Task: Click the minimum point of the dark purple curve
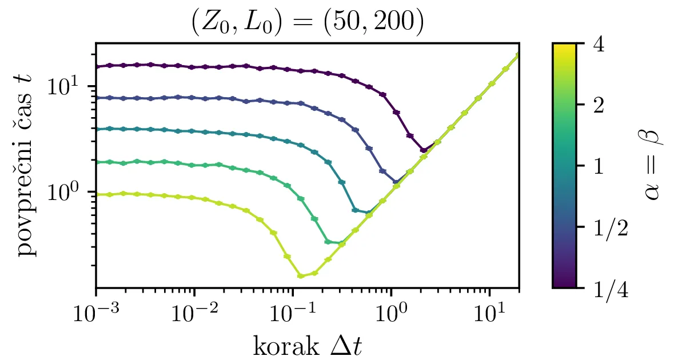[424, 150]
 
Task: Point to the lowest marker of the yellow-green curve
[301, 276]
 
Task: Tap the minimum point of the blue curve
[396, 182]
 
